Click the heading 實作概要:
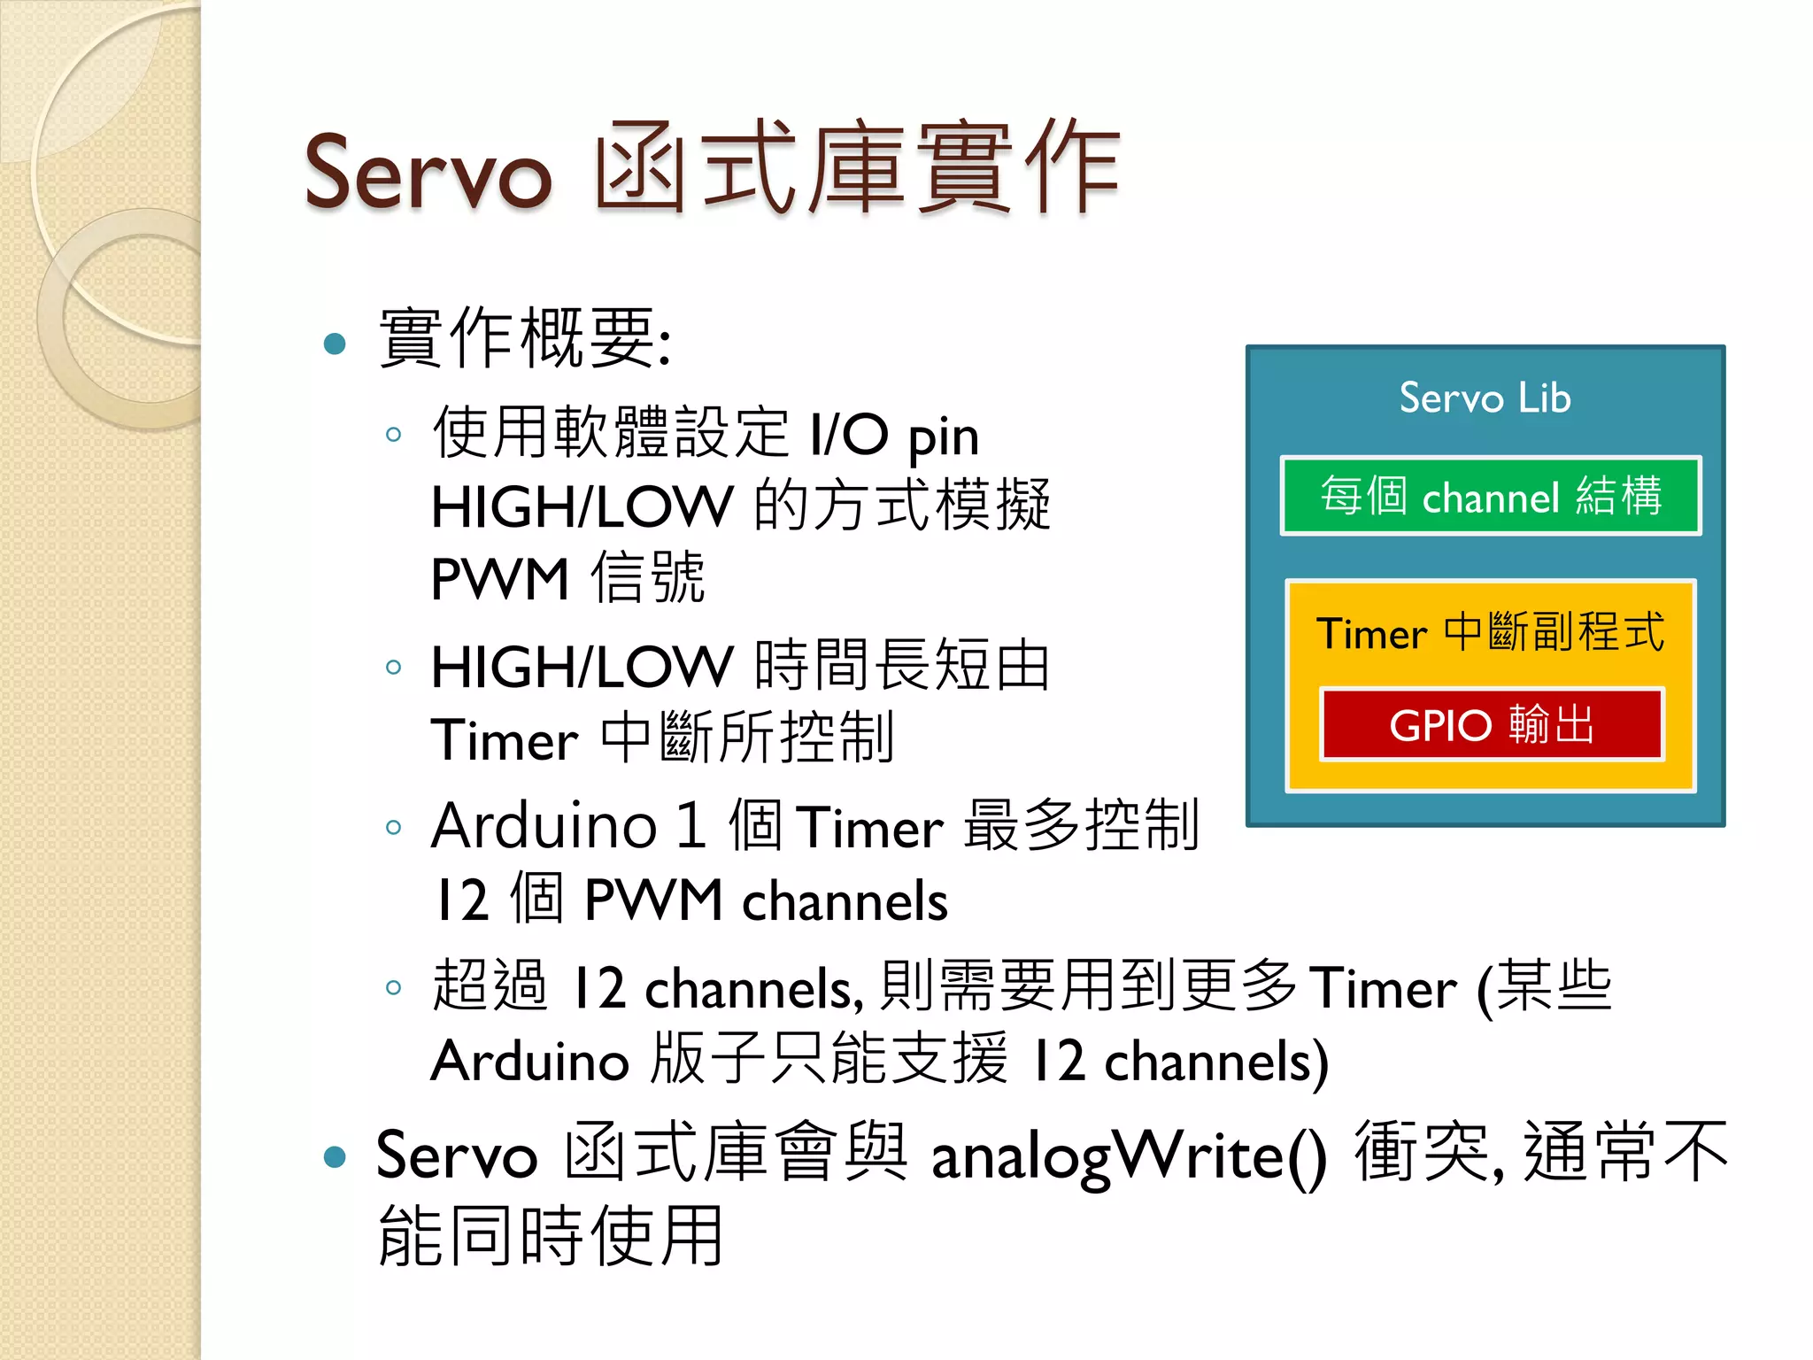524,338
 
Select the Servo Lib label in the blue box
1485,398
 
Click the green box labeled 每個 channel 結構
1490,496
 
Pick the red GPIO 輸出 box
1492,724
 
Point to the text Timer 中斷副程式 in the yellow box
1490,632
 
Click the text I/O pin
894,436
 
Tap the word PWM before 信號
499,580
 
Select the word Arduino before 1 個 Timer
544,826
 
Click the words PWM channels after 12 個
766,901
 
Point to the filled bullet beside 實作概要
335,344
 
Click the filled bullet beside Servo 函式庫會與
335,1156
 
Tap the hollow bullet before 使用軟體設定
394,435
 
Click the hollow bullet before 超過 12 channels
394,987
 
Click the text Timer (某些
1461,987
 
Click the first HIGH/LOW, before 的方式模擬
582,507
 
